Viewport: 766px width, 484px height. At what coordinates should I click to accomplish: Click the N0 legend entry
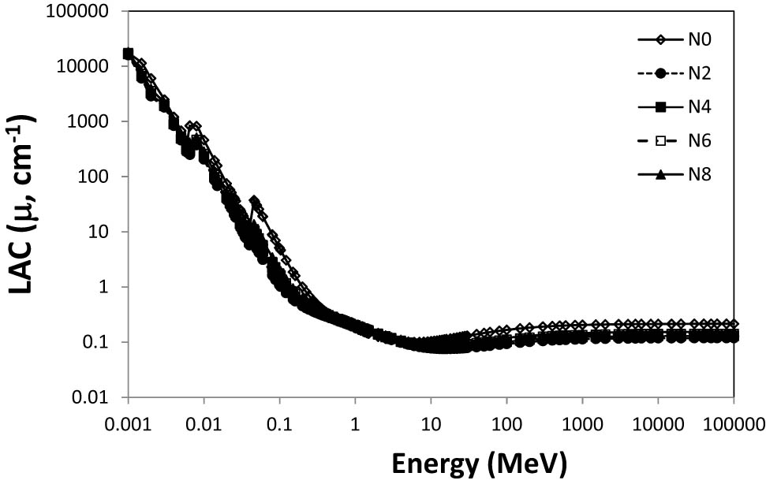tap(697, 39)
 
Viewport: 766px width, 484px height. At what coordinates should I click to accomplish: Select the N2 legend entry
tap(697, 73)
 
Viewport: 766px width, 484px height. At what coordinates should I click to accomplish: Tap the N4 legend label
tap(697, 106)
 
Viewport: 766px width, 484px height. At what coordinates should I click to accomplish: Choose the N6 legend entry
tap(697, 140)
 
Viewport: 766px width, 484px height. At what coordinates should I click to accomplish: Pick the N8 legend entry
tap(697, 174)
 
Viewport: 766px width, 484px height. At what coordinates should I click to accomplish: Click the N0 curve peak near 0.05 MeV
tap(254, 201)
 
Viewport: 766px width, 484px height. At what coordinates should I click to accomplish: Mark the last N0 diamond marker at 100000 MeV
tap(734, 324)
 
